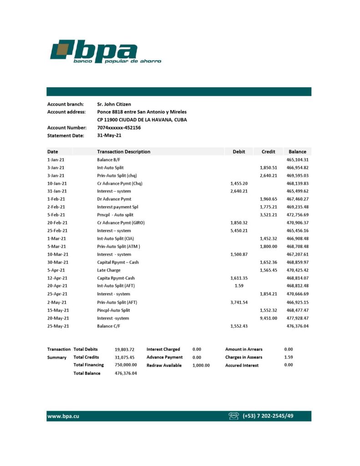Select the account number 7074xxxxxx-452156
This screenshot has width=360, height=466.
[x=119, y=128]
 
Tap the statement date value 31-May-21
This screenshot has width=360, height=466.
[x=109, y=135]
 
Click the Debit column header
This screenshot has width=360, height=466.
[x=238, y=152]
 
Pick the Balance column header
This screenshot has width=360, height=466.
[x=297, y=152]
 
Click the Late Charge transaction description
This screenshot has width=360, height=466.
[x=109, y=270]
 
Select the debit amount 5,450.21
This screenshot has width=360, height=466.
[x=239, y=231]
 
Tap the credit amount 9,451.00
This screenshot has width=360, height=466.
[x=269, y=318]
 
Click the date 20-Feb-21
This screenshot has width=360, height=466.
[x=57, y=223]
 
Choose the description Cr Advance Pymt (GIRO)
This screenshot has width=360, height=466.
[x=121, y=223]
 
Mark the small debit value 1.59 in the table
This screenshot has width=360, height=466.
[x=239, y=286]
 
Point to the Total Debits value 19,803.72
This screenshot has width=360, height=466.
[x=124, y=349]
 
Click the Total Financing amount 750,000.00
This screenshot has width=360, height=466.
[x=126, y=365]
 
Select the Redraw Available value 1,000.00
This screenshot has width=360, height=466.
[x=201, y=365]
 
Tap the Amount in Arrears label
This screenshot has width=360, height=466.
[x=243, y=349]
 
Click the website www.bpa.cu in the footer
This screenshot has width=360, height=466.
[x=63, y=416]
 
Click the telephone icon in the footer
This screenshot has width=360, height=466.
[x=234, y=416]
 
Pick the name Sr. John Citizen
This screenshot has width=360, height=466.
[x=114, y=104]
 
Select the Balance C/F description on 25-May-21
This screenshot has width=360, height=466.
[x=109, y=326]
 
